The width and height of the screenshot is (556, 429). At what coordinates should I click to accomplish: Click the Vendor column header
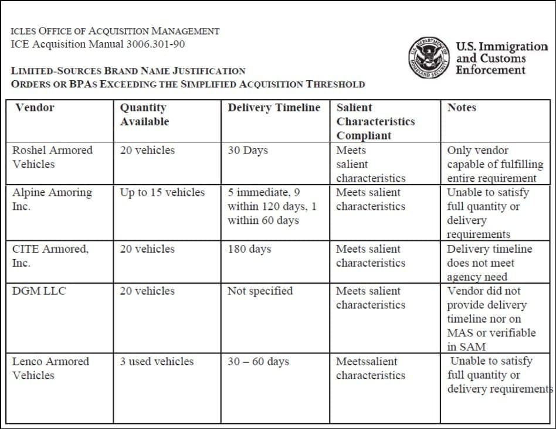[x=35, y=108]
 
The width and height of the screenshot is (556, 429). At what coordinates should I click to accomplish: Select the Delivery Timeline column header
[x=274, y=108]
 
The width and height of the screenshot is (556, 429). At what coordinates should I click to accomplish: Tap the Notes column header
[x=462, y=108]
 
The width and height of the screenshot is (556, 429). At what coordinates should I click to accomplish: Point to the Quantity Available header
[x=144, y=115]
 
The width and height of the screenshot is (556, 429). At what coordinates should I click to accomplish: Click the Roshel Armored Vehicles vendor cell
[x=52, y=157]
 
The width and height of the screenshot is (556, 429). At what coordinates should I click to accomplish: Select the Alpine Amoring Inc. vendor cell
[x=52, y=199]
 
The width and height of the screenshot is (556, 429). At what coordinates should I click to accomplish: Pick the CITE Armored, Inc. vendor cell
[x=50, y=256]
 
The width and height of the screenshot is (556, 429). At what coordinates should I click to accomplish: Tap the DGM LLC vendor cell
[x=39, y=291]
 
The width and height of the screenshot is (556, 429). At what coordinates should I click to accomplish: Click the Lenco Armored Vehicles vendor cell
[x=50, y=368]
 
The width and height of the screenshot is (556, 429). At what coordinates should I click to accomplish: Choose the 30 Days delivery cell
[x=248, y=151]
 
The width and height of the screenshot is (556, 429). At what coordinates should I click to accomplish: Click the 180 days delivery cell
[x=249, y=249]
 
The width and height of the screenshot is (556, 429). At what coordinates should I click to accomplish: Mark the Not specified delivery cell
[x=260, y=291]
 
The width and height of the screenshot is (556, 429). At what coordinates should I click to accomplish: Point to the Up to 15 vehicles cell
[x=162, y=193]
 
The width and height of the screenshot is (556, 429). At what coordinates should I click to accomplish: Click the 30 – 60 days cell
[x=258, y=362]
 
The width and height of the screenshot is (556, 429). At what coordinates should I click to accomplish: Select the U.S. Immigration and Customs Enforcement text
[x=501, y=58]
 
